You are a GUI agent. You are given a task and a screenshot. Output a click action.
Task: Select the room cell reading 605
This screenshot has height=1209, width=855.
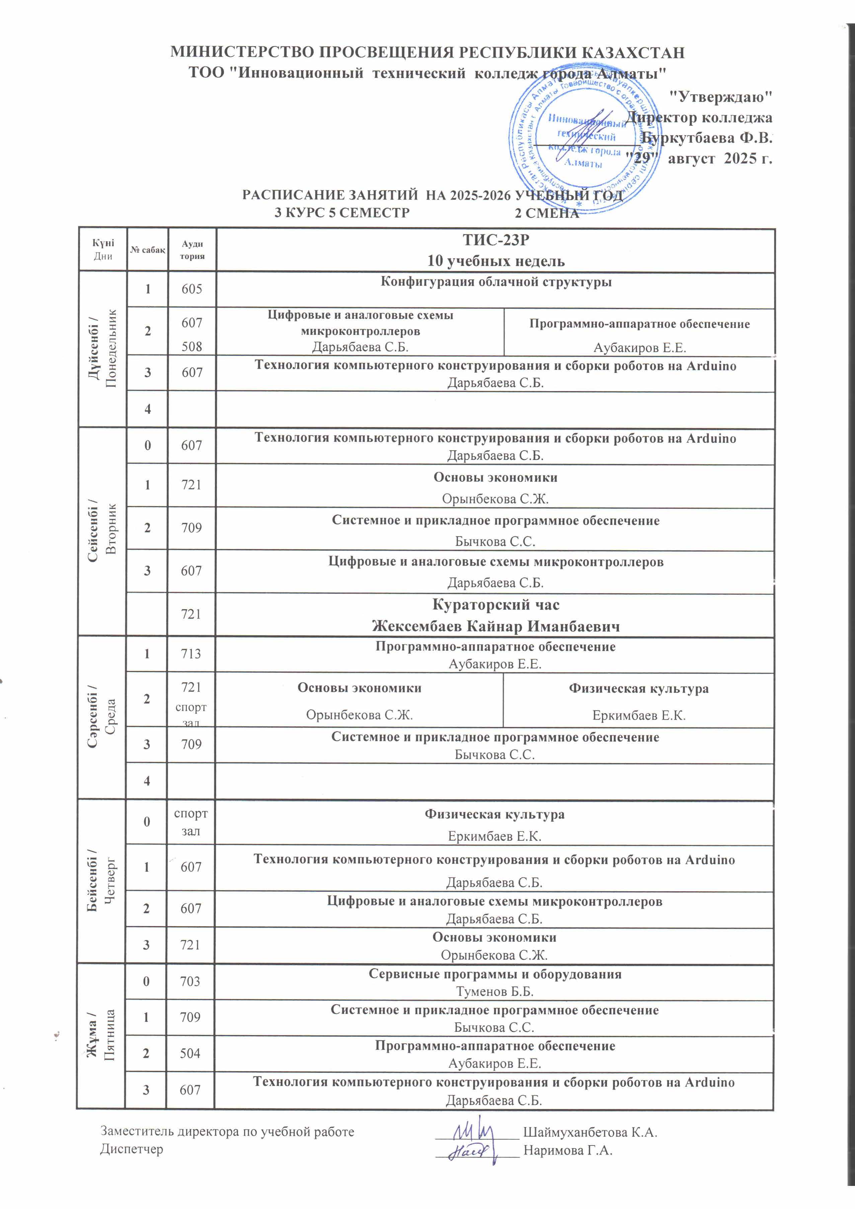point(192,289)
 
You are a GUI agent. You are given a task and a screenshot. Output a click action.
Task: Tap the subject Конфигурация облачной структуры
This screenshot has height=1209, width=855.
point(496,282)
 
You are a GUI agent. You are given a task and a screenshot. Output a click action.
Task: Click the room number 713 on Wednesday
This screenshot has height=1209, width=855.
point(191,654)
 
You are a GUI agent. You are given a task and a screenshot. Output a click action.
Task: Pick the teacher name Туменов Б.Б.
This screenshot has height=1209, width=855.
point(495,992)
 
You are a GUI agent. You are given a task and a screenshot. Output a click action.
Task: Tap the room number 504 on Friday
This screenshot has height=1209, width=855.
point(190,1053)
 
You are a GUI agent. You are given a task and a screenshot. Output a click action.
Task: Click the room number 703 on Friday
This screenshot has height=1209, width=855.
point(190,982)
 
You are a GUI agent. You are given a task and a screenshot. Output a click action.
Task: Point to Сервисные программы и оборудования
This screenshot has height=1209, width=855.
point(495,974)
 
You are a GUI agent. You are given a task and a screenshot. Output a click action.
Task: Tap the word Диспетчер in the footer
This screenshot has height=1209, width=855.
point(131,1149)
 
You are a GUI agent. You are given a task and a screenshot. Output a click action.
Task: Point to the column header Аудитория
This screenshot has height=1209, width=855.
point(192,250)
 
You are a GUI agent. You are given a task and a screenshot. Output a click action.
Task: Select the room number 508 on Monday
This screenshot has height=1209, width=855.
point(192,347)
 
